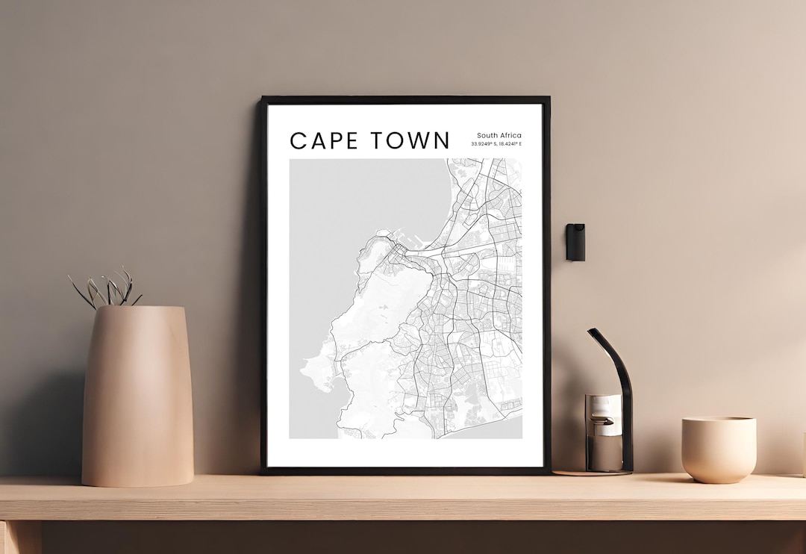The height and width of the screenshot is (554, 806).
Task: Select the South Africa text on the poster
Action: click(499, 135)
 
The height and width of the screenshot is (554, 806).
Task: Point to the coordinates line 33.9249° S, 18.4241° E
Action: click(496, 144)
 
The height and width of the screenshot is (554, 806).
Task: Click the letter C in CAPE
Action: click(298, 140)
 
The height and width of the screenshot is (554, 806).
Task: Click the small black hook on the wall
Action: click(575, 242)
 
